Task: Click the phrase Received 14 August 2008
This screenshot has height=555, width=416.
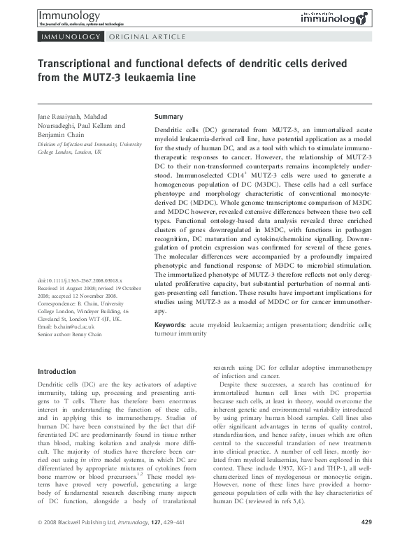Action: pyautogui.click(x=70, y=288)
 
